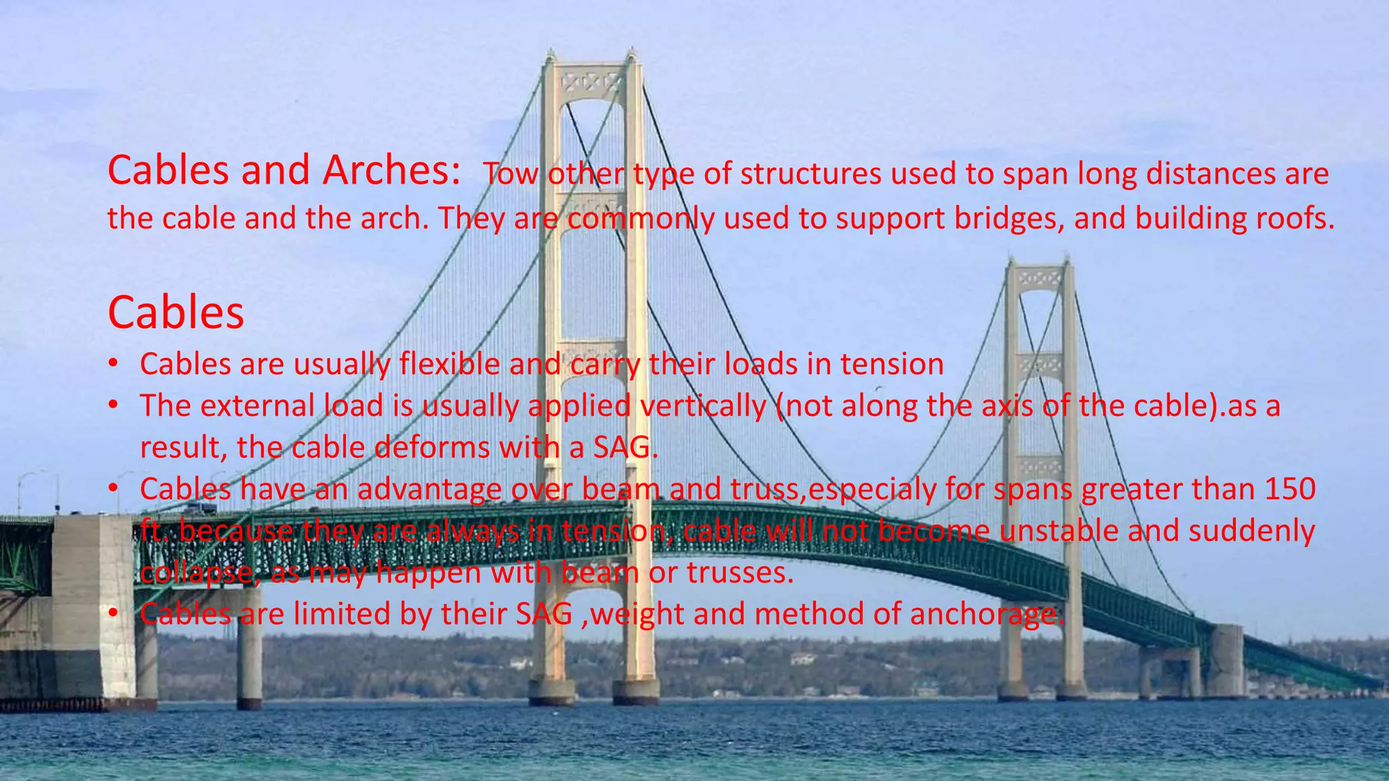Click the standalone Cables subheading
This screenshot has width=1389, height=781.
tap(176, 313)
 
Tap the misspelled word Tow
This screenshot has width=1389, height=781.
tap(510, 174)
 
